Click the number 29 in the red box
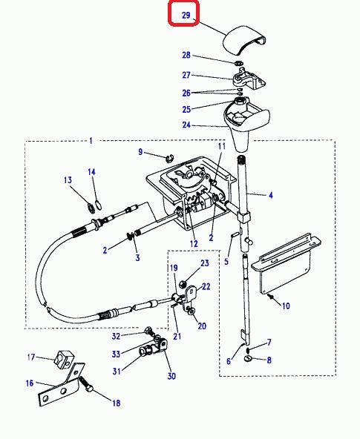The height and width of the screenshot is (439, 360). click(186, 15)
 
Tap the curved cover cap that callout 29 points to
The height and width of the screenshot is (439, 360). click(244, 40)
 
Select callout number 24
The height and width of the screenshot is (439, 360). click(186, 125)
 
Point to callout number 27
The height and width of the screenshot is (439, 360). click(186, 75)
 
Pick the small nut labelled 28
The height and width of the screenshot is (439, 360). click(238, 63)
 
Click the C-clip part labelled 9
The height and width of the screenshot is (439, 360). click(169, 158)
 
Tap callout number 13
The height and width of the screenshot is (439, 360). click(68, 179)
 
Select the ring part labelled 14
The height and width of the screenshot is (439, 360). click(98, 205)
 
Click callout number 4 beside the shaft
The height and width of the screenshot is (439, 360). click(271, 195)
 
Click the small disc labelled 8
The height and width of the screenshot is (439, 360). click(248, 358)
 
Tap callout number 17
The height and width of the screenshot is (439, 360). click(31, 357)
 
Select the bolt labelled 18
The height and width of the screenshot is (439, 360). click(87, 384)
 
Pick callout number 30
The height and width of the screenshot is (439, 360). click(171, 376)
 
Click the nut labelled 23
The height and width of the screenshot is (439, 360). click(182, 284)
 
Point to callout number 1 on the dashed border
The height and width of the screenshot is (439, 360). click(91, 141)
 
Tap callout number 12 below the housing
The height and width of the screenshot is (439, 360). click(194, 243)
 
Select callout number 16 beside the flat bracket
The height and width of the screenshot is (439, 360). click(30, 383)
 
